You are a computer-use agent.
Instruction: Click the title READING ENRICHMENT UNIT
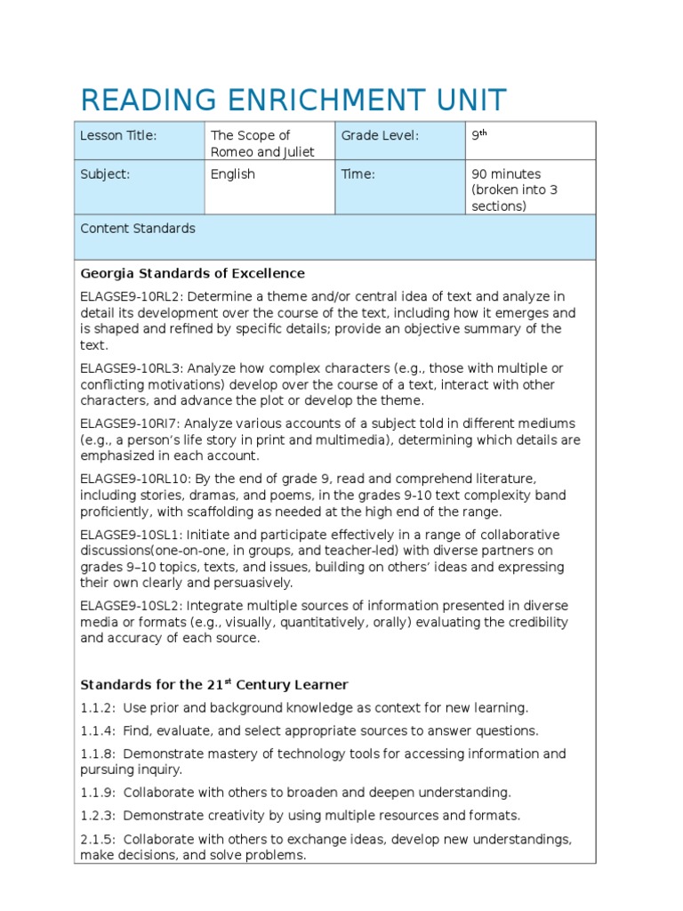click(293, 100)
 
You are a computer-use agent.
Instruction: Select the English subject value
click(233, 174)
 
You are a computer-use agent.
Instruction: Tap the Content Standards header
click(138, 229)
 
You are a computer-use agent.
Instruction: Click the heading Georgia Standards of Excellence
click(192, 273)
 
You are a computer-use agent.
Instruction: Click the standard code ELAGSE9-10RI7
click(129, 423)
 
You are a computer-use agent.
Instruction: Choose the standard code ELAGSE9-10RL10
click(133, 479)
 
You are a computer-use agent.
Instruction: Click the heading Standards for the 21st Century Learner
click(214, 685)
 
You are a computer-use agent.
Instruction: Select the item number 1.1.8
click(98, 754)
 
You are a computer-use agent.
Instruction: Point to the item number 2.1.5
click(98, 839)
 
